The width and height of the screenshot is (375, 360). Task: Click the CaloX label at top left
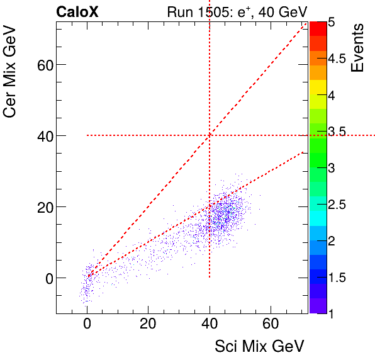(77, 11)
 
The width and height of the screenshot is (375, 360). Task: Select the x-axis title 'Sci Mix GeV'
(259, 346)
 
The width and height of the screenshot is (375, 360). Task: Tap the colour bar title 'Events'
(358, 48)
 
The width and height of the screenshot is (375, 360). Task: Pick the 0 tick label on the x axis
(87, 326)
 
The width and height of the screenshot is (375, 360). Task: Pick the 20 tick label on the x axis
(148, 326)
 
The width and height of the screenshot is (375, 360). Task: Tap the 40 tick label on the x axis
(210, 326)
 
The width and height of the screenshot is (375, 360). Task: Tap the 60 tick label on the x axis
(271, 326)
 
